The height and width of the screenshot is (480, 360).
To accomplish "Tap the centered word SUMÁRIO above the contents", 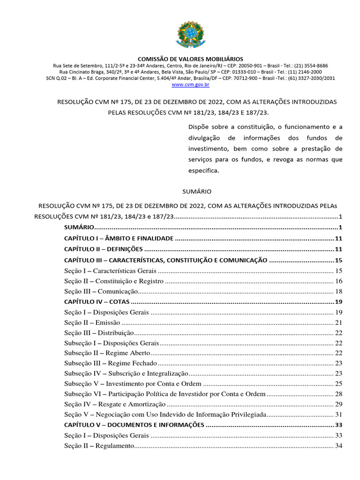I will click(x=196, y=192).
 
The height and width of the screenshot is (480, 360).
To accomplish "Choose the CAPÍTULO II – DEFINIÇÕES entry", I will click(x=103, y=249).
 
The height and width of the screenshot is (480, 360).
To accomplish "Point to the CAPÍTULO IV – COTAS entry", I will click(x=97, y=301).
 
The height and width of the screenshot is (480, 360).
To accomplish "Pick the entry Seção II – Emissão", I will click(x=92, y=322).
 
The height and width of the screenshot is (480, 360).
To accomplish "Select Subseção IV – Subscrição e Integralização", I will click(x=126, y=374).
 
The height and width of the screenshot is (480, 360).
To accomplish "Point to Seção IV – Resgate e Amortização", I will click(x=115, y=404).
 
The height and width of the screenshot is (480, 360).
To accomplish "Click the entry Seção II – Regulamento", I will click(x=99, y=446).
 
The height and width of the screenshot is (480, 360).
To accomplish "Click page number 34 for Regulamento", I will click(x=339, y=446).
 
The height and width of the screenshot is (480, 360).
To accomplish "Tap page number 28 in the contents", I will click(x=339, y=394).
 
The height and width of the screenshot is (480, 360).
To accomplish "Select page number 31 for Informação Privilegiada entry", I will click(x=339, y=414).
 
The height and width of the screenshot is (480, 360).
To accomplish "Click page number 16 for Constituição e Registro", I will click(x=339, y=281).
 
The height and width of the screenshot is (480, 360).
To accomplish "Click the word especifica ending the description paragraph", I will click(x=203, y=171).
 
